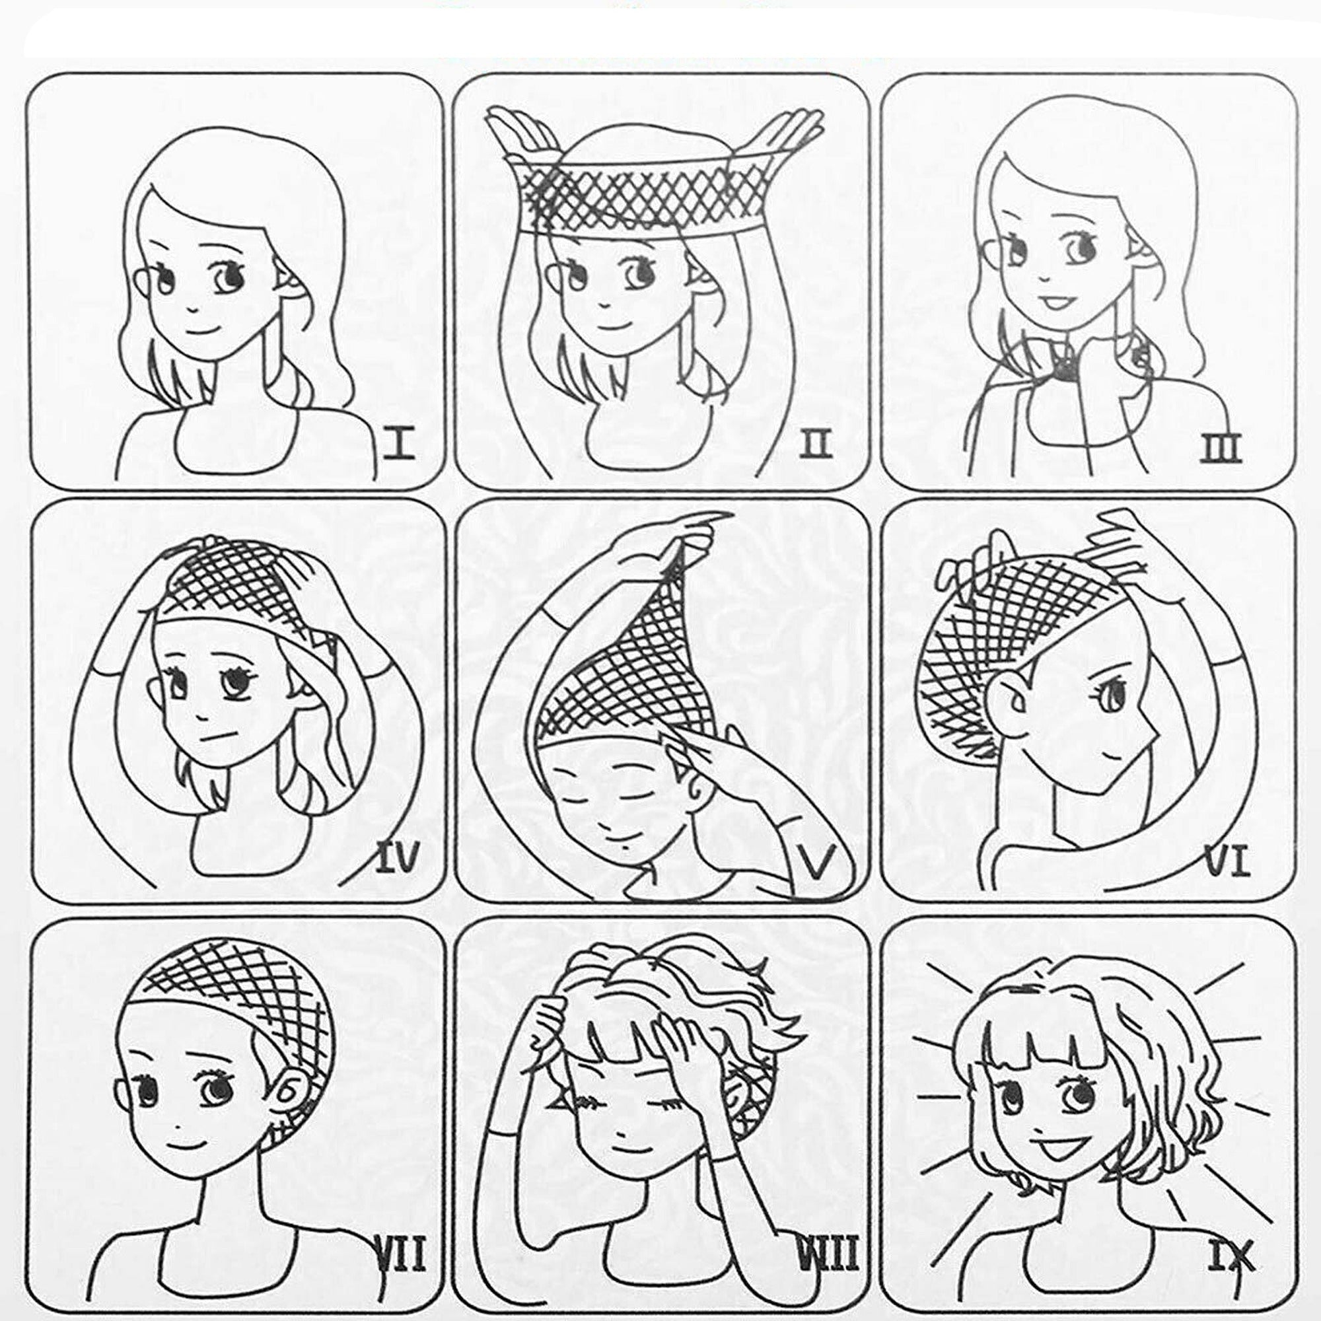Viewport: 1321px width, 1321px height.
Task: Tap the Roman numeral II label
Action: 816,445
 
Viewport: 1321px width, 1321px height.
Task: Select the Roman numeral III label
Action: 1221,448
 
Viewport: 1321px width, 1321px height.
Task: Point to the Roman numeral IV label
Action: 397,857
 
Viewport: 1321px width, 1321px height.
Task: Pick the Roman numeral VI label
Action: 1227,860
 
